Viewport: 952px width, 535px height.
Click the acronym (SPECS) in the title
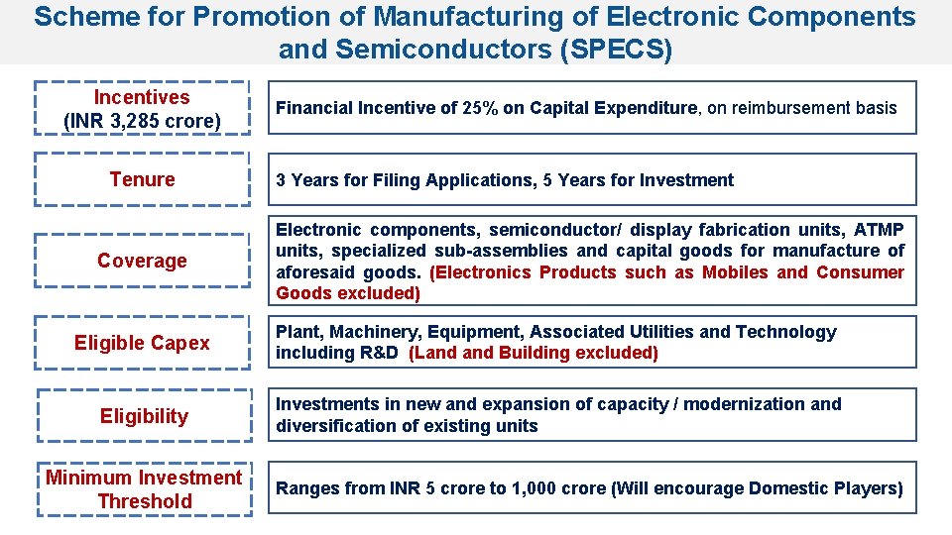(x=615, y=49)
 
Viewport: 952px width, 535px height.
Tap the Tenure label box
(x=142, y=179)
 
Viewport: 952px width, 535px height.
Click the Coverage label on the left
(x=142, y=261)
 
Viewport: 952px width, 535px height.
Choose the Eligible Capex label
(x=142, y=343)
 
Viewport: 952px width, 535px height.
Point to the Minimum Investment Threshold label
(x=144, y=489)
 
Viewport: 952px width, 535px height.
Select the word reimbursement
(x=785, y=108)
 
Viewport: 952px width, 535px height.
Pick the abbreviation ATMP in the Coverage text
(x=879, y=230)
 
